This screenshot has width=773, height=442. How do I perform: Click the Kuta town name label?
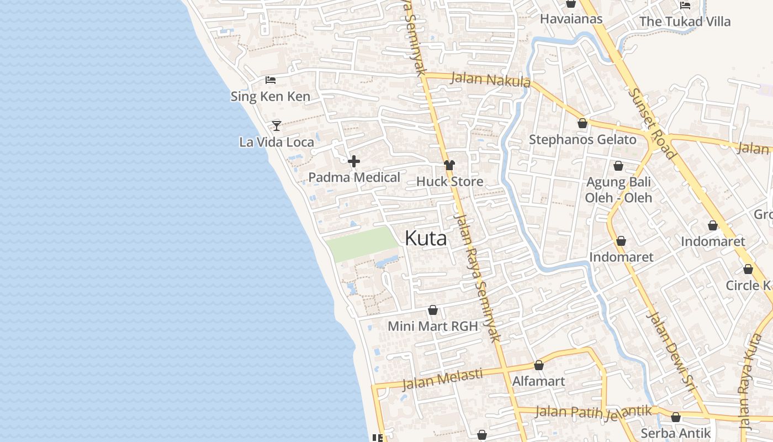click(x=425, y=238)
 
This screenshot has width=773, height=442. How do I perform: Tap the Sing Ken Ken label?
click(x=270, y=97)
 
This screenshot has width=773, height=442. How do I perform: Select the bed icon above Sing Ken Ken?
click(x=270, y=80)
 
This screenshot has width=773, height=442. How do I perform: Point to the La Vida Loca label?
click(x=276, y=142)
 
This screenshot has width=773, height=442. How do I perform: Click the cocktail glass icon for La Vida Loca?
click(x=277, y=125)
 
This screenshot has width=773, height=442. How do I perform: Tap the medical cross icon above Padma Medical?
click(x=354, y=161)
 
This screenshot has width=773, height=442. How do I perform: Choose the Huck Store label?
click(x=449, y=181)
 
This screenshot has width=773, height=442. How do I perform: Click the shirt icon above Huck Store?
click(x=449, y=165)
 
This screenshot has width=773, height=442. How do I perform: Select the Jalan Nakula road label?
click(x=490, y=80)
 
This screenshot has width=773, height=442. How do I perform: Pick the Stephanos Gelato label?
click(x=583, y=139)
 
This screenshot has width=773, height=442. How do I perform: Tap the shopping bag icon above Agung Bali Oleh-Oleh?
click(x=618, y=166)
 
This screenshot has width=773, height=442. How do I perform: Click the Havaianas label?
click(x=571, y=19)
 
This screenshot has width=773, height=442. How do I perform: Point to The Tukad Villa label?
click(x=685, y=22)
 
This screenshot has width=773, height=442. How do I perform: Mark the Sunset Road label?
click(x=652, y=123)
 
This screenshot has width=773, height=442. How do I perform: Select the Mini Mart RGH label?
click(x=432, y=326)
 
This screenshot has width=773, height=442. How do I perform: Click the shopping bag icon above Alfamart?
click(x=539, y=365)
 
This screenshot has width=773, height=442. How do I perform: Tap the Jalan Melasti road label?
click(x=442, y=379)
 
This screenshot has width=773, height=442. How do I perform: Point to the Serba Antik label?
click(x=675, y=433)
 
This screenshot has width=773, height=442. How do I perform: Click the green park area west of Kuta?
click(x=362, y=244)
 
